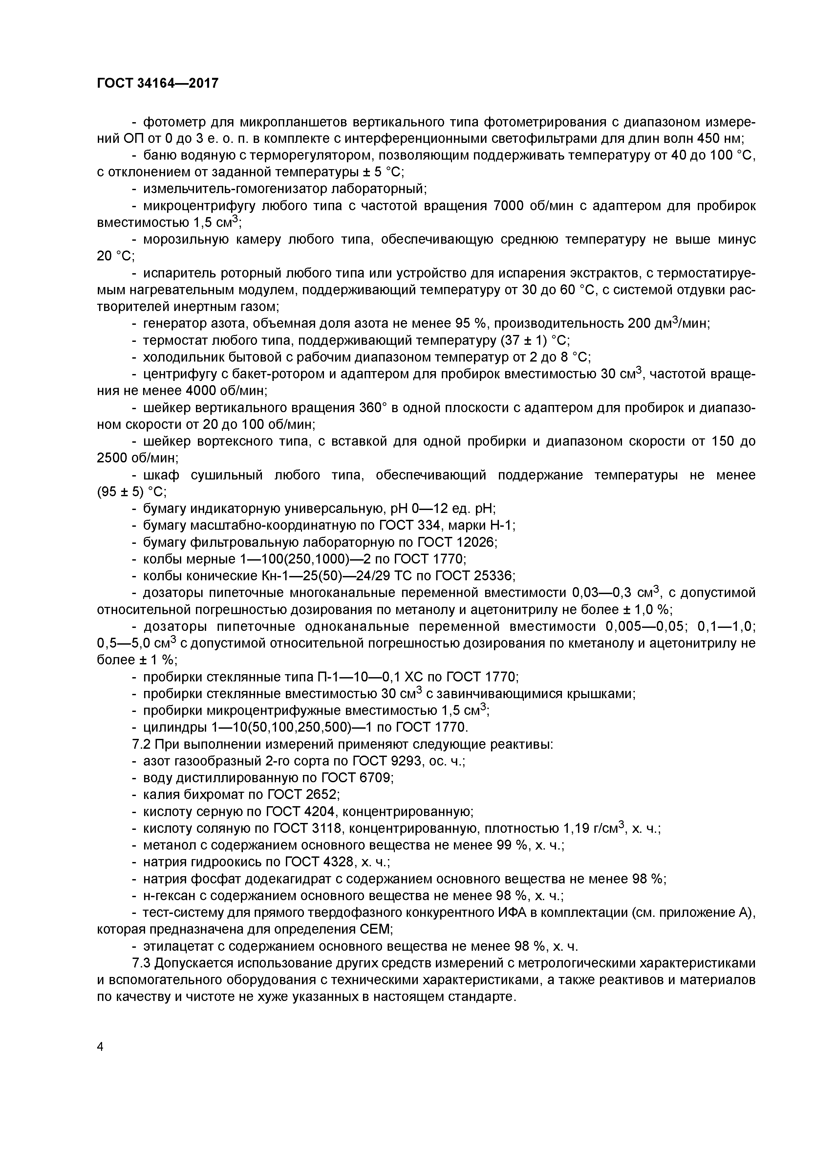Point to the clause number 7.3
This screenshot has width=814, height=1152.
141,964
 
